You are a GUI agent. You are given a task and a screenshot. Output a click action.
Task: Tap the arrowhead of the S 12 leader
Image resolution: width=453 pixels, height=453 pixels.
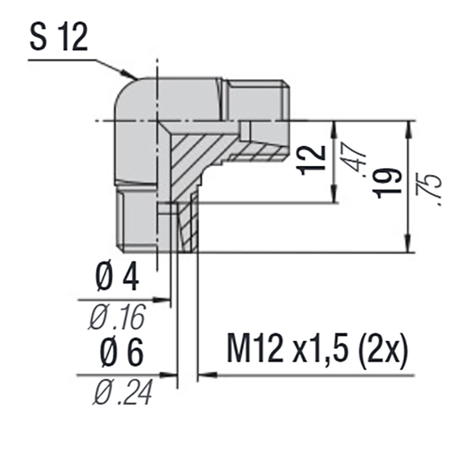coord(133,75)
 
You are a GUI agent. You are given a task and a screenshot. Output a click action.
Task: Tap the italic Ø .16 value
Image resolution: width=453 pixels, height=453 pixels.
coord(117,317)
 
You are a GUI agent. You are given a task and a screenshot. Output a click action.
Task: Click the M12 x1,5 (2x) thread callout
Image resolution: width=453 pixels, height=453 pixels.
coord(317,352)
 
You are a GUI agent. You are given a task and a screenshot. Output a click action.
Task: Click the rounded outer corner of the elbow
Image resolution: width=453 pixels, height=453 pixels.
coord(126,93)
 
